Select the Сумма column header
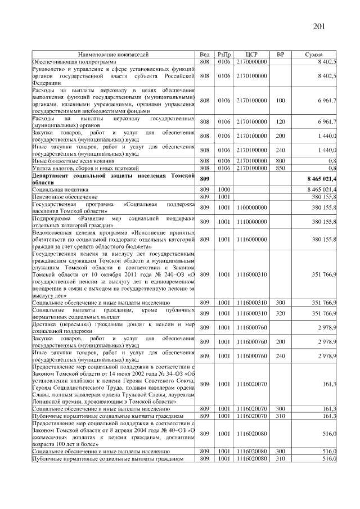point(313,55)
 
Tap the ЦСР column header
point(251,55)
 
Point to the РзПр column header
point(224,55)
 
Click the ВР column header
point(281,55)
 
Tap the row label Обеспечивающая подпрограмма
point(74,61)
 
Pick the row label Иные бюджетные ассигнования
point(69,161)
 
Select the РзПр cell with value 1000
point(224,191)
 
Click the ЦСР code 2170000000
point(251,61)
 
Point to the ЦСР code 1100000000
point(251,207)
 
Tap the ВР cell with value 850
point(281,168)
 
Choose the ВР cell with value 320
point(281,313)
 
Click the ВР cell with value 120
point(281,122)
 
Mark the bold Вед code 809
point(205,178)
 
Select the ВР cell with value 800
point(281,161)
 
